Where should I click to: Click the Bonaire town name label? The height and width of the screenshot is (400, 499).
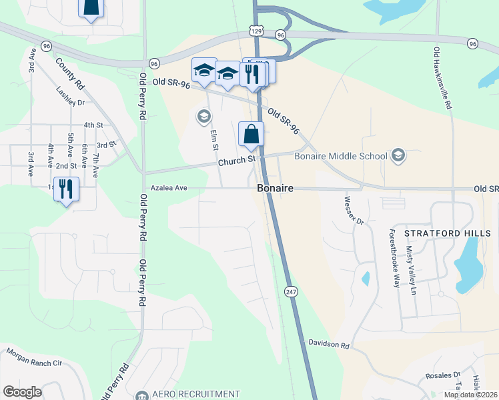(275, 189)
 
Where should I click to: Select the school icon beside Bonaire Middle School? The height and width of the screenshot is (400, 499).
(398, 155)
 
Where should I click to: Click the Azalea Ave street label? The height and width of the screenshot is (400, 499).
(169, 188)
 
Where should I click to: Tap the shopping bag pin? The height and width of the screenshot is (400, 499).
(251, 133)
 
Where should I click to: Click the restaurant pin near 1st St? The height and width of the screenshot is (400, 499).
(66, 189)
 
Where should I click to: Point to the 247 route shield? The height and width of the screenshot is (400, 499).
(291, 292)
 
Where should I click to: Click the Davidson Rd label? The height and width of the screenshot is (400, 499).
(329, 345)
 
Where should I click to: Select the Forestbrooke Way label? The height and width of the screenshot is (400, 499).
(395, 259)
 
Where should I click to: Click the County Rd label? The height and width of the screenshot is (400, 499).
(69, 75)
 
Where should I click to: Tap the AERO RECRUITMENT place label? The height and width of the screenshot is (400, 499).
(195, 394)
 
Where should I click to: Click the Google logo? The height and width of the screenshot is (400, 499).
(22, 392)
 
